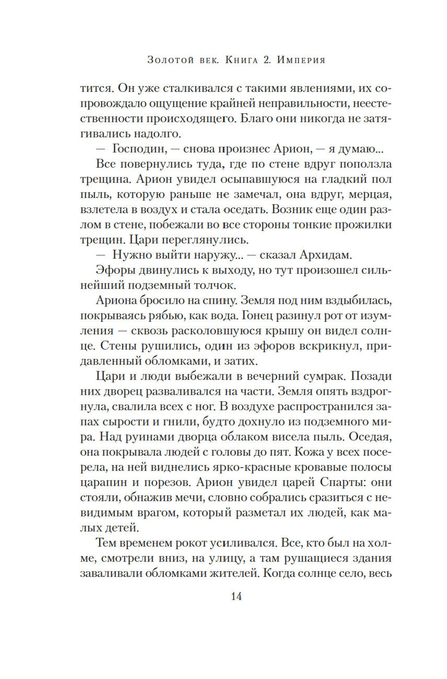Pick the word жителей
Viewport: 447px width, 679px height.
pyautogui.click(x=234, y=573)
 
